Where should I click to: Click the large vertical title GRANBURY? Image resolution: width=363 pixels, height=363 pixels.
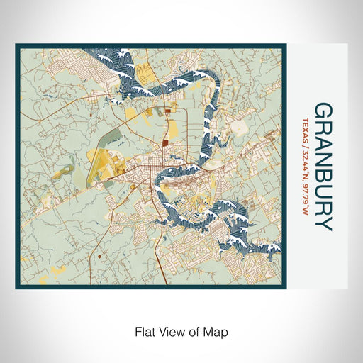click(323, 167)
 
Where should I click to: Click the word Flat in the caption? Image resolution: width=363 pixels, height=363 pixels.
click(144, 330)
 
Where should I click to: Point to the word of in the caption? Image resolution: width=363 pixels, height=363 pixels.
click(195, 330)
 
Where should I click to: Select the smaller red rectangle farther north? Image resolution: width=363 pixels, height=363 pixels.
click(167, 111)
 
